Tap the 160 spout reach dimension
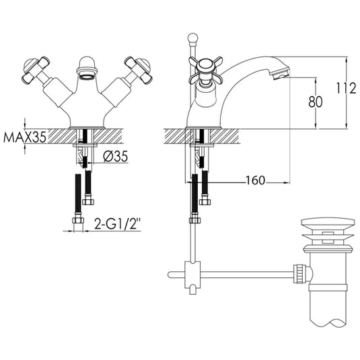pos(255,181)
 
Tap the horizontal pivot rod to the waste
pos(249,273)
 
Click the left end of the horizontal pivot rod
pos(170,273)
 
